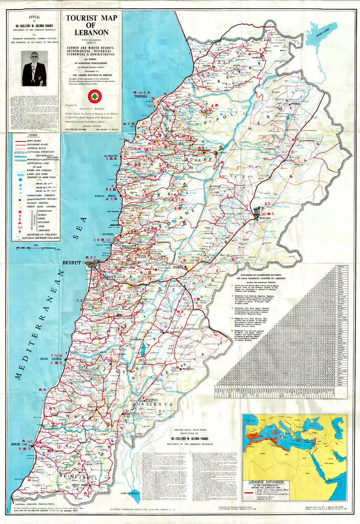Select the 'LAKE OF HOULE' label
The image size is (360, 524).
(x=131, y=492)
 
